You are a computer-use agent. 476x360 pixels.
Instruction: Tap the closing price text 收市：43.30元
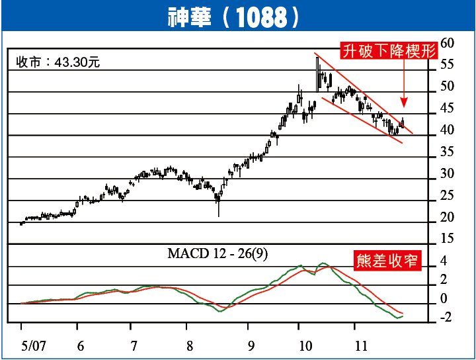click(x=58, y=63)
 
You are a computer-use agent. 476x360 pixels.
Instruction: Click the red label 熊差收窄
click(x=388, y=260)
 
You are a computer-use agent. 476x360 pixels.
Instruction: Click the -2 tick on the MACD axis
click(x=444, y=318)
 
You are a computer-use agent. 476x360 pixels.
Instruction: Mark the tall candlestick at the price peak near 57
click(x=318, y=73)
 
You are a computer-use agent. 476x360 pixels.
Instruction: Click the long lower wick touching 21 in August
click(x=218, y=208)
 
